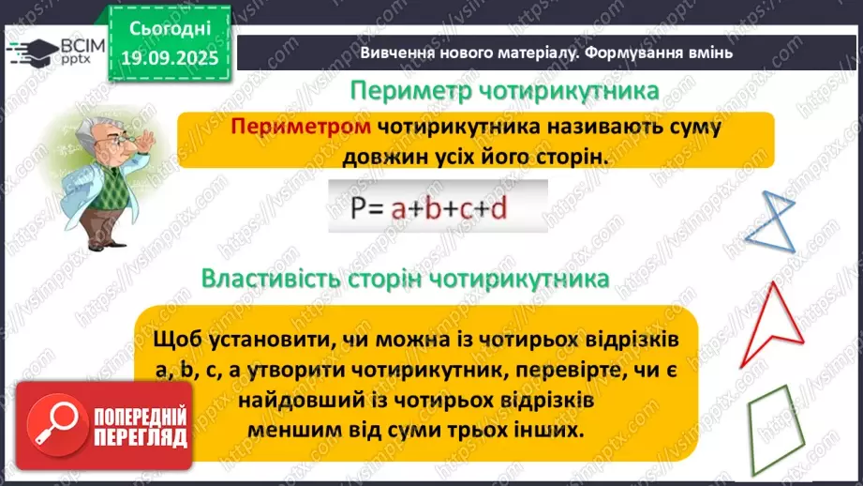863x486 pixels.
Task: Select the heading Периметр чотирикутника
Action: coord(504,92)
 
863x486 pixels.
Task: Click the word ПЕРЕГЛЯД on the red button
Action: coord(141,439)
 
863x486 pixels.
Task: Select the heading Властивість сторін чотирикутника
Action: coord(406,280)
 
